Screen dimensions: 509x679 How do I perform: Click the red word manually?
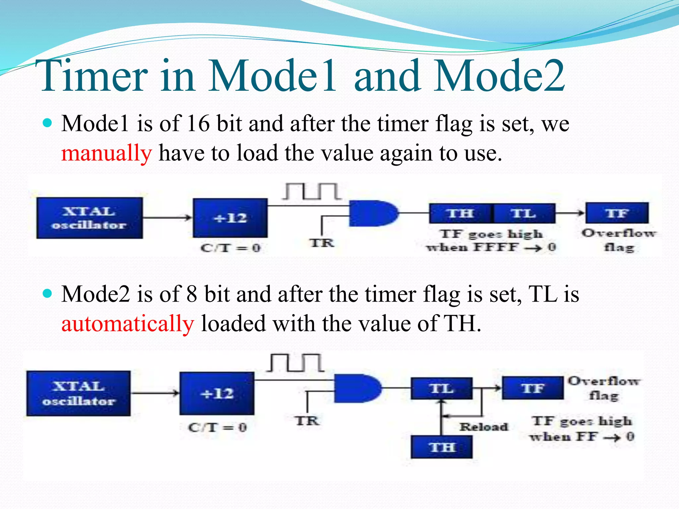coord(106,153)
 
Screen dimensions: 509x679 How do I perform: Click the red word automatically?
coord(128,324)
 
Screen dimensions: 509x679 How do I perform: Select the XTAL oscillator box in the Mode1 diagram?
coord(90,218)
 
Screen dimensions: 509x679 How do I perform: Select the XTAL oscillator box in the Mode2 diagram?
coord(79,393)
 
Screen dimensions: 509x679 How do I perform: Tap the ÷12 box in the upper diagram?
coord(230,218)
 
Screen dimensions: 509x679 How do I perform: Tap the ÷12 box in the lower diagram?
coord(217,393)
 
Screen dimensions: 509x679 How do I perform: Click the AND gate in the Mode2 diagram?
coord(356,388)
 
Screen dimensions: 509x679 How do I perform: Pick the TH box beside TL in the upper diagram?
coord(460,213)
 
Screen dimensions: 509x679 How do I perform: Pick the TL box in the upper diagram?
coord(524,213)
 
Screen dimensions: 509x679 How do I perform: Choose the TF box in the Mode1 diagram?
coord(617,213)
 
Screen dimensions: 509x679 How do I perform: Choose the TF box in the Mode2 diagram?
coord(532,388)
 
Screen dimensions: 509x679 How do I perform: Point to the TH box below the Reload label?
coord(442,447)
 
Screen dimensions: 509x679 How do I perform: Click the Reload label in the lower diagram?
coord(484,427)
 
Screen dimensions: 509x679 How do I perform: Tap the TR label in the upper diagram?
coord(322,243)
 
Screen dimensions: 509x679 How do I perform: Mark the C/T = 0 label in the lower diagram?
coord(217,427)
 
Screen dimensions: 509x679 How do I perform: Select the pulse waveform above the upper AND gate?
coord(312,192)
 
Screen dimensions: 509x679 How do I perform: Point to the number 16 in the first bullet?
coord(198,124)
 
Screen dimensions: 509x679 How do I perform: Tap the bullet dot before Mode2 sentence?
coord(48,294)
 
